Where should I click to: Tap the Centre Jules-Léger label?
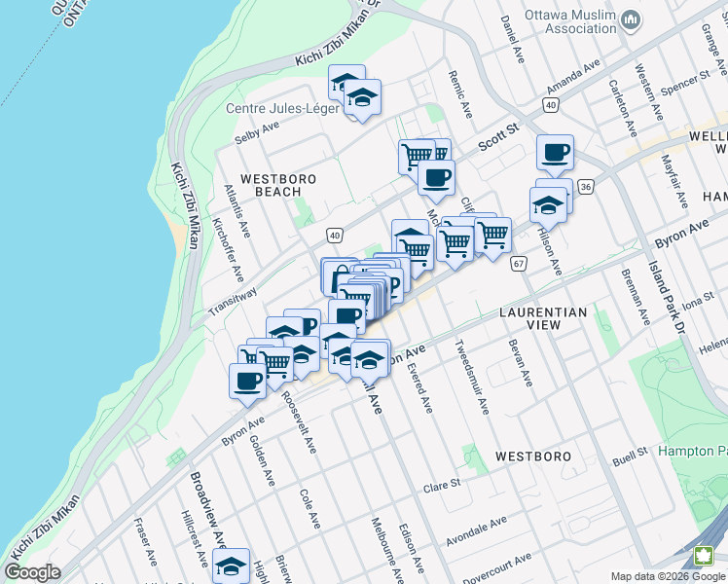[281, 108]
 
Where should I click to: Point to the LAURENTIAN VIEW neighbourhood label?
[543, 318]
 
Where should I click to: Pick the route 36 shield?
[585, 186]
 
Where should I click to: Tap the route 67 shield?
[518, 263]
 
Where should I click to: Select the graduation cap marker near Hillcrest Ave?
[231, 566]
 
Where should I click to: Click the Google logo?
[32, 572]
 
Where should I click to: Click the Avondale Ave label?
[476, 529]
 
